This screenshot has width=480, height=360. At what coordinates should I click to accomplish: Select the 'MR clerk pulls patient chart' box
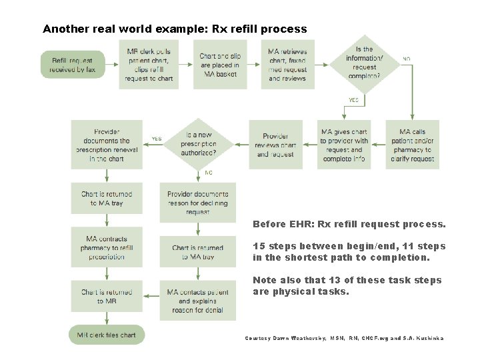tap(149, 65)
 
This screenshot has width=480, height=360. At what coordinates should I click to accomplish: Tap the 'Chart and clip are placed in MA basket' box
tap(219, 65)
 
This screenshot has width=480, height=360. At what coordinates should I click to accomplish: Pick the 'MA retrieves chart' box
tap(288, 65)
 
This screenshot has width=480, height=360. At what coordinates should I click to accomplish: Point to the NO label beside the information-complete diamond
tap(406, 59)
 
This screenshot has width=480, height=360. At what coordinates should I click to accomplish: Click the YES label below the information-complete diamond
tap(353, 100)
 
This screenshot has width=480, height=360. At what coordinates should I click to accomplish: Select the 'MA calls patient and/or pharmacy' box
tap(412, 145)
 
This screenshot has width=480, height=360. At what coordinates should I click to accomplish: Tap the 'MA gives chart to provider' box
tap(343, 145)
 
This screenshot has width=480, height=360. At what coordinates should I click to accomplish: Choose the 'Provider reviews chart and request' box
tap(276, 145)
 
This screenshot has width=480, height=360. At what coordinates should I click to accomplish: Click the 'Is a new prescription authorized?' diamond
tap(199, 143)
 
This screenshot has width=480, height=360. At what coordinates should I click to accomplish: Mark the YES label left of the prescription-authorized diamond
tap(156, 139)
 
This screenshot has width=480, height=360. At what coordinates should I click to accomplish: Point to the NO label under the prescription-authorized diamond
tap(209, 172)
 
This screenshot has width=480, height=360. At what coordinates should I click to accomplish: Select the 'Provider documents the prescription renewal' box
tap(107, 145)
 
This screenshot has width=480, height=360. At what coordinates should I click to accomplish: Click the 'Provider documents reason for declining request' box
tap(197, 203)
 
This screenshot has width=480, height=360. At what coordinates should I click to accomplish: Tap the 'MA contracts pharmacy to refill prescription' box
tap(107, 247)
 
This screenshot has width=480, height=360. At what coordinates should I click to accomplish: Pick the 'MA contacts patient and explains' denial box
tap(197, 301)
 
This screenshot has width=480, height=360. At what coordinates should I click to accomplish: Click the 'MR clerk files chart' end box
tap(106, 335)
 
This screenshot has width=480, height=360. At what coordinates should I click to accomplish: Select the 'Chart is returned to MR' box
tap(107, 296)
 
